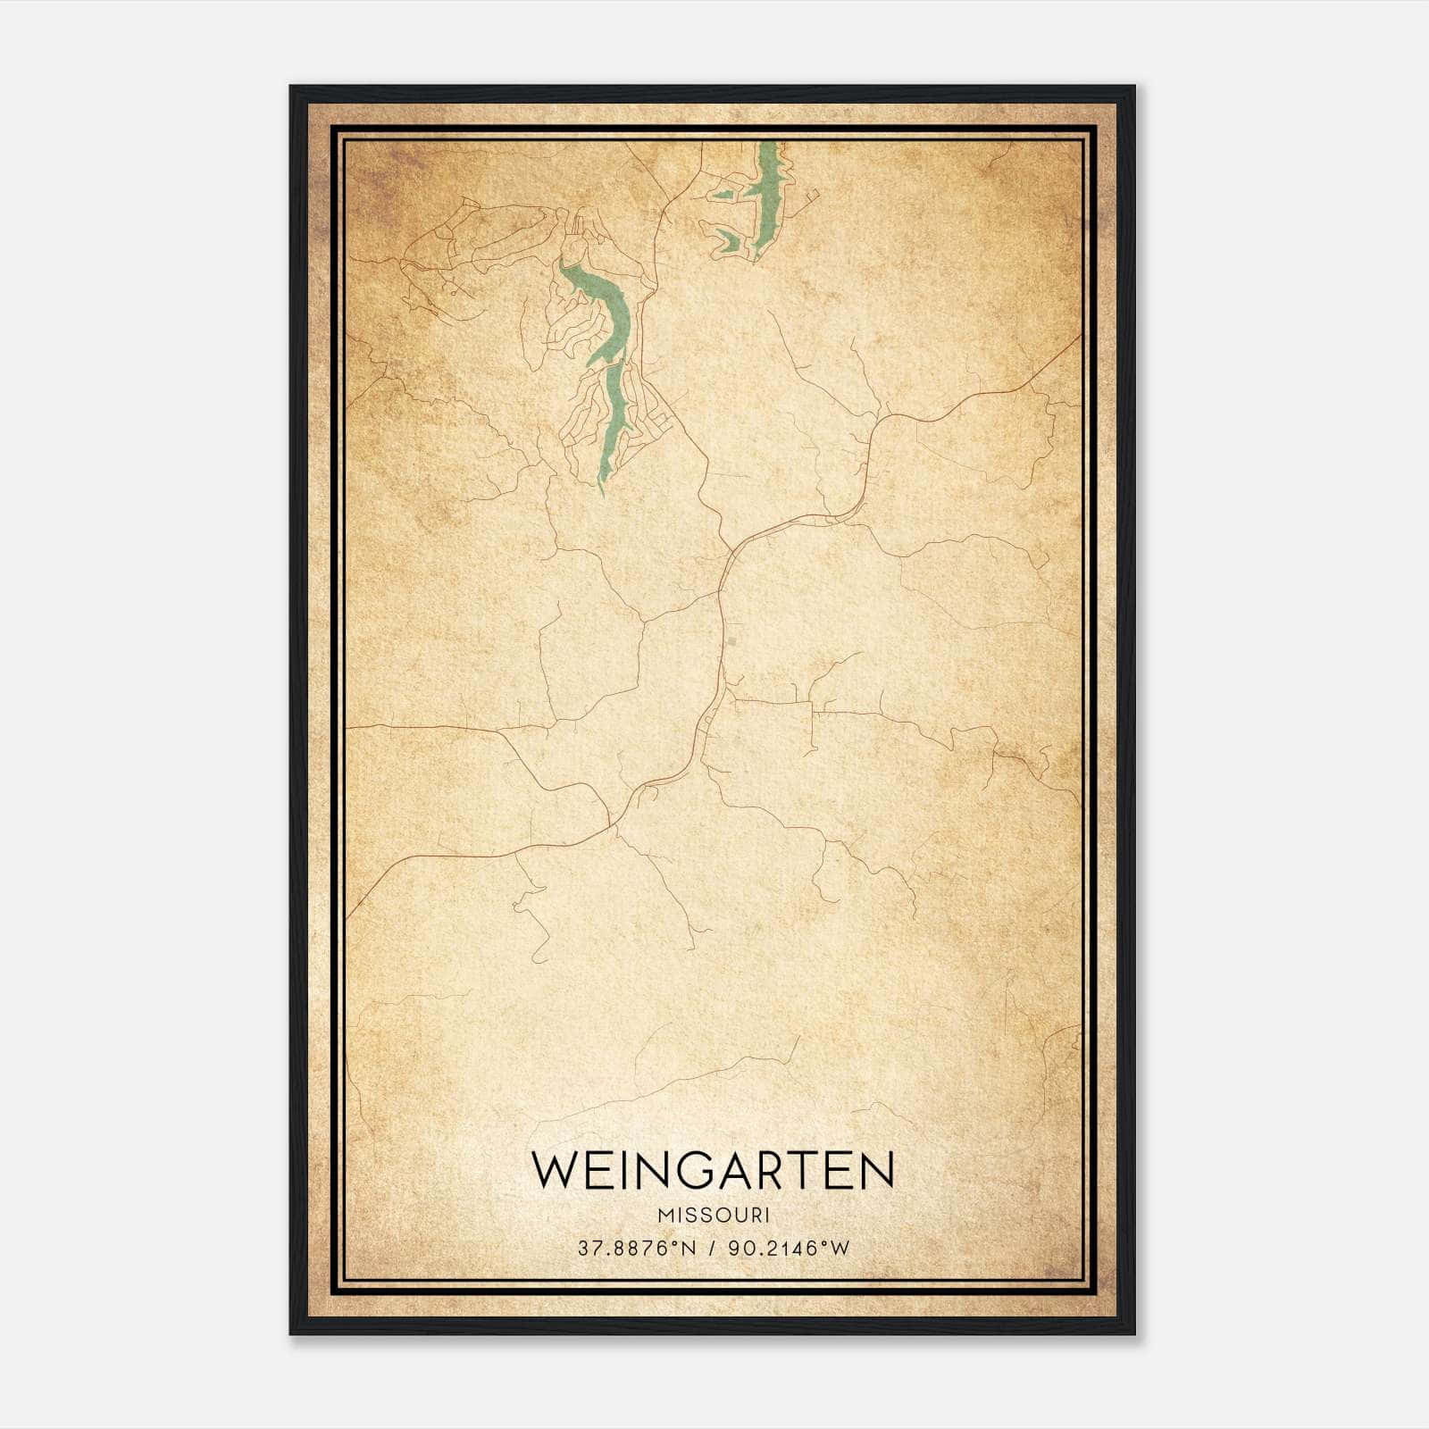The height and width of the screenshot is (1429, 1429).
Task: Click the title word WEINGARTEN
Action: click(713, 1170)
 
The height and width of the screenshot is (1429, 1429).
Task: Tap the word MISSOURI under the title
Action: click(713, 1216)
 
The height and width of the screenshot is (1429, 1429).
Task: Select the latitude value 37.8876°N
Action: click(636, 1248)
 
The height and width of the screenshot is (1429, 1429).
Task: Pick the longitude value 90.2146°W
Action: click(789, 1248)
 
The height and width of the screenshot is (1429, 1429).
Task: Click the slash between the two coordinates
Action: click(713, 1248)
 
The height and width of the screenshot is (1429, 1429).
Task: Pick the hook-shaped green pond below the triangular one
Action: click(728, 238)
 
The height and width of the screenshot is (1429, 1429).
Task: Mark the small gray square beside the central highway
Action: click(731, 641)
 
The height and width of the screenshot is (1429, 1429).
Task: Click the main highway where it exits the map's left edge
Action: click(349, 916)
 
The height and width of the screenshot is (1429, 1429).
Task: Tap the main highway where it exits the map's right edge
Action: click(1078, 338)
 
